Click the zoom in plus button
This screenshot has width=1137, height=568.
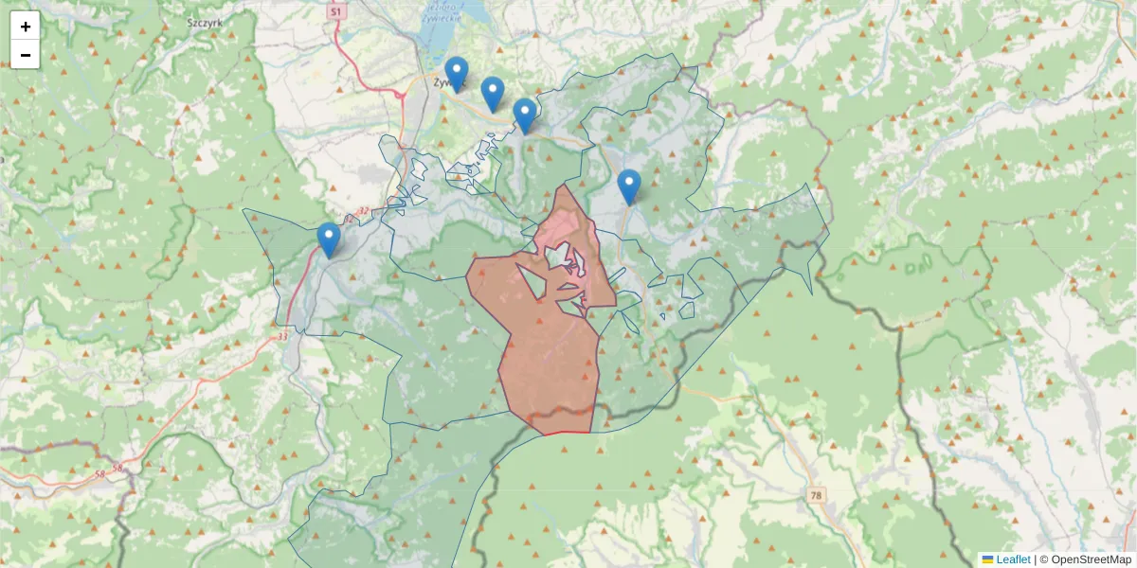point(26,27)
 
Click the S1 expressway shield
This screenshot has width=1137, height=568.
point(335,11)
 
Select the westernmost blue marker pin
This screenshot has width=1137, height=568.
point(329,240)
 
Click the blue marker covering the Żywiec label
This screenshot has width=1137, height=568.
point(457,74)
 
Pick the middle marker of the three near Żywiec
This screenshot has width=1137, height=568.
point(492,94)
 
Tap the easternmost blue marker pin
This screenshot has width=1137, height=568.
point(629,186)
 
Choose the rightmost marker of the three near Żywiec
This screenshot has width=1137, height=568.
point(525,115)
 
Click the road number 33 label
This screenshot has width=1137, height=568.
point(282,336)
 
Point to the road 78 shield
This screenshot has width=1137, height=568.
point(816,495)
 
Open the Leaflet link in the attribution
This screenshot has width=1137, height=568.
point(1012,559)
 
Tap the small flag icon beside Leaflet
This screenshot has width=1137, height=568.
point(987,559)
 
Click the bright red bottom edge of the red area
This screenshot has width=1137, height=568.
point(567,433)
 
